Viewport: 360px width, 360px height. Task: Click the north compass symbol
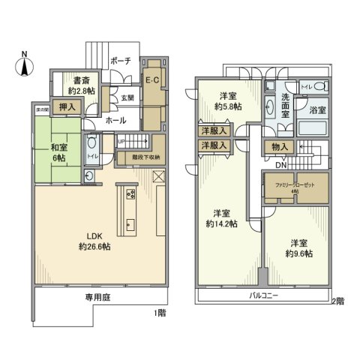pos(24,65)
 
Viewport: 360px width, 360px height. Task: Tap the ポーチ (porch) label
pos(121,60)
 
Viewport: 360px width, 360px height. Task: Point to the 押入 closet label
pos(67,108)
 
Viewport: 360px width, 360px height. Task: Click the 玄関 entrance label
pos(127,97)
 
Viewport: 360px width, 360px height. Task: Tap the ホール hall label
pos(115,119)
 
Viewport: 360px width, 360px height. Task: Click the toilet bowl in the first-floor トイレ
pos(92,142)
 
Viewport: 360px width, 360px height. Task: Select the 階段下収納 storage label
pos(143,157)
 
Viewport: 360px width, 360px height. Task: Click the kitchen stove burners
pos(130,194)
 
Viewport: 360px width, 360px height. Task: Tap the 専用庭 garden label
pos(97,298)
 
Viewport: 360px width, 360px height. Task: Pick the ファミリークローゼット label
pos(295,186)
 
